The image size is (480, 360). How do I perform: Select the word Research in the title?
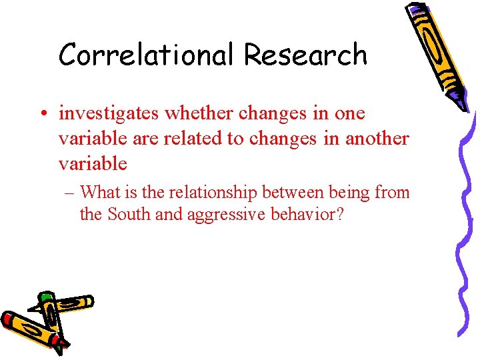coord(305,55)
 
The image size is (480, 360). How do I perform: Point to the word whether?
coord(195,113)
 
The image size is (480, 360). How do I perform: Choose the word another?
coord(377,139)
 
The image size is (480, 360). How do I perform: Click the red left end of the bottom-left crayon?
coord(8,319)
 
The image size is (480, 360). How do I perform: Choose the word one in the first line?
coord(350,114)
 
